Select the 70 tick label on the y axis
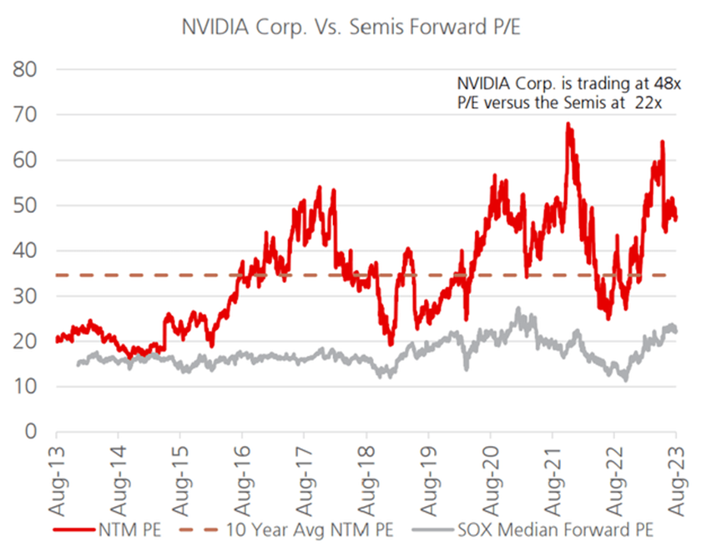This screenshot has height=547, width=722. pos(28,114)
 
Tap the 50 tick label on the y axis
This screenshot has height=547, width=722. pos(28,205)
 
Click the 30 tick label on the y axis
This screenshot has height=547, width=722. pos(28,296)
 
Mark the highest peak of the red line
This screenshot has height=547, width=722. pos(568,124)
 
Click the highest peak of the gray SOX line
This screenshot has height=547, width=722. pos(518,309)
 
